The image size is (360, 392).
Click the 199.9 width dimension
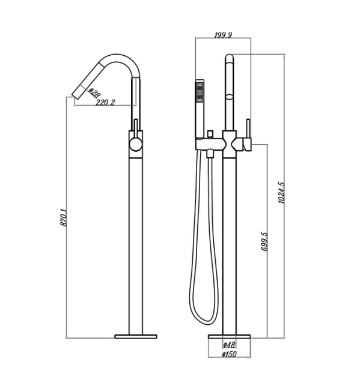[223, 35]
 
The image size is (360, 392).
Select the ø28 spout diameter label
[94, 93]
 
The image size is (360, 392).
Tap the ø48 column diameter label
[228, 345]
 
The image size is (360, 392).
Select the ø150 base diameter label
[228, 355]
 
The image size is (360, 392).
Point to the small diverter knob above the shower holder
[211, 131]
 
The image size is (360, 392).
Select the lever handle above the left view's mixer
[136, 127]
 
